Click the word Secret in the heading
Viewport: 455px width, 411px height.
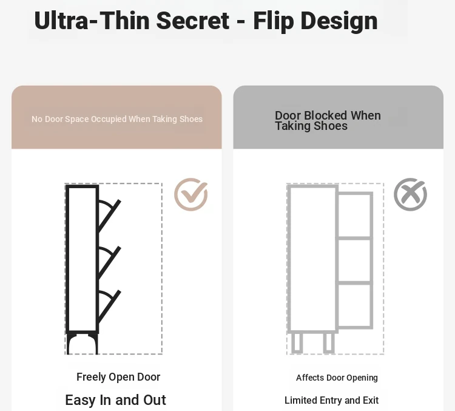pos(193,21)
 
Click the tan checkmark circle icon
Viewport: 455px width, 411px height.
pos(191,194)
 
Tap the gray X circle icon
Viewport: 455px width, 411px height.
pos(410,194)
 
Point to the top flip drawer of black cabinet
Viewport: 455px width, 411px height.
pos(109,216)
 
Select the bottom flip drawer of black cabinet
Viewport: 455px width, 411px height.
pos(109,306)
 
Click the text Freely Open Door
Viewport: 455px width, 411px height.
pos(118,377)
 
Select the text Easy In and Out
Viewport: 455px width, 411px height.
pos(115,400)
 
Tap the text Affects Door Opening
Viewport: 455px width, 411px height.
pos(337,378)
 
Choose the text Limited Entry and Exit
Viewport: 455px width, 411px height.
pos(331,400)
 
